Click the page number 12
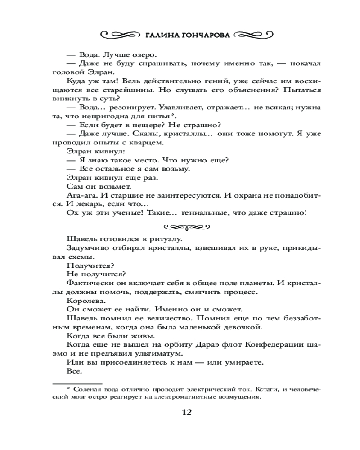pos(187,412)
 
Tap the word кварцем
pos(147,143)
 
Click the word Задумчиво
pos(87,247)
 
